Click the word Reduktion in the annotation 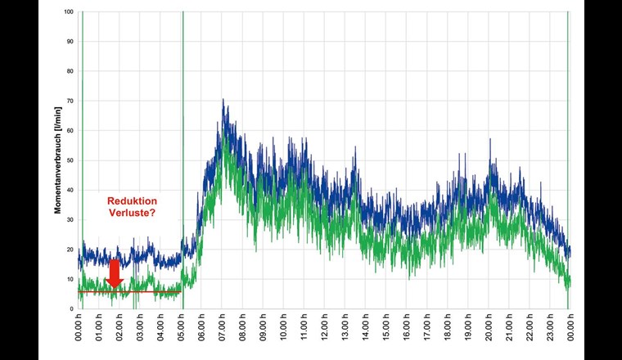coord(132,201)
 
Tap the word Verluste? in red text coord(132,214)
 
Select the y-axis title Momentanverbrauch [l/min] coord(59,160)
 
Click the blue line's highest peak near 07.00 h coord(223,101)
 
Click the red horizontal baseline coord(155,291)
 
